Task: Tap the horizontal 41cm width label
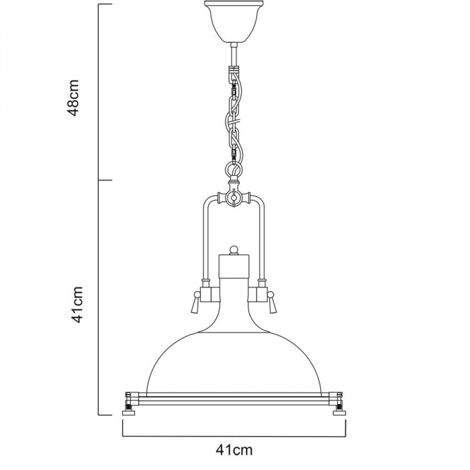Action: pos(234,445)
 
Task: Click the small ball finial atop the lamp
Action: pos(234,250)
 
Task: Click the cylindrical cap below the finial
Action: pos(234,267)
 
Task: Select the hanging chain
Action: pos(234,114)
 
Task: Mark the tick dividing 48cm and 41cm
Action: pos(105,181)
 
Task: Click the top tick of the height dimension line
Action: pos(105,5)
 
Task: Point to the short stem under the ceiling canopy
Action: pos(233,54)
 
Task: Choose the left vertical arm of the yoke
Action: pos(203,242)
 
